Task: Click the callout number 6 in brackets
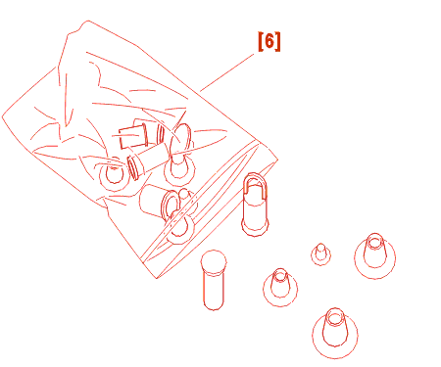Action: click(x=269, y=41)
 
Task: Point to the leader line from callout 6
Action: click(x=227, y=72)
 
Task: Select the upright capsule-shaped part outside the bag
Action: click(x=255, y=205)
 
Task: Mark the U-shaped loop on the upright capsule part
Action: click(x=255, y=183)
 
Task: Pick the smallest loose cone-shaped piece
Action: click(x=320, y=253)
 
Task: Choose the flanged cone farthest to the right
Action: click(x=374, y=256)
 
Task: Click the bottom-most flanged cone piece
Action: click(x=335, y=333)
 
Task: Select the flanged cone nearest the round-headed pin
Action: click(x=280, y=287)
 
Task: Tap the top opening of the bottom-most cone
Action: click(x=335, y=317)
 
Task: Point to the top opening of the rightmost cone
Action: click(x=374, y=241)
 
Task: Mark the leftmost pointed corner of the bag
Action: click(x=3, y=116)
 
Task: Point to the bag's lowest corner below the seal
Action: click(x=157, y=278)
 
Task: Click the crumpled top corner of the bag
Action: click(x=87, y=23)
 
